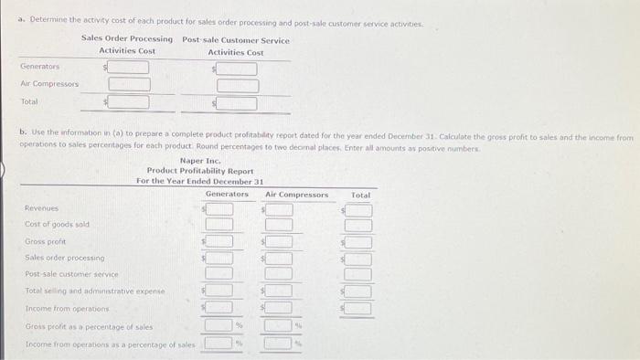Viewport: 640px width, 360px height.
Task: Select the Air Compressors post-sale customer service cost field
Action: coord(237,85)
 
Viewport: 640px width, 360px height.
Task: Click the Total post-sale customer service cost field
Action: coord(237,103)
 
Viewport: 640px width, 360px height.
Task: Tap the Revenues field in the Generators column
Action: coord(219,209)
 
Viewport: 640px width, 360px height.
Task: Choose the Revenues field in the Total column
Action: coord(358,209)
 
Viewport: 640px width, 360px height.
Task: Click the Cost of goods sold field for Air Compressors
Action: coord(278,225)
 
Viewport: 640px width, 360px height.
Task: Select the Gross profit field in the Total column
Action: coord(358,241)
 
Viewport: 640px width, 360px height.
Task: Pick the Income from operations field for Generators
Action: coord(219,308)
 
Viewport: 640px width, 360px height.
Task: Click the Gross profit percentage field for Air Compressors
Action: coord(278,325)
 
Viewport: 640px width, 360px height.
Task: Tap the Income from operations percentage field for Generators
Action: coord(218,343)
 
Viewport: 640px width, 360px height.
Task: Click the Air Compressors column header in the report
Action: coord(296,194)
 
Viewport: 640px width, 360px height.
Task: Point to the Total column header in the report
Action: coord(360,194)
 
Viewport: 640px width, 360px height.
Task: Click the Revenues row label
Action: coord(41,208)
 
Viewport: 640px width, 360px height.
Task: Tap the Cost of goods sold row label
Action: coord(57,225)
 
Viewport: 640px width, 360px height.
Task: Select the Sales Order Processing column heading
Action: coord(127,39)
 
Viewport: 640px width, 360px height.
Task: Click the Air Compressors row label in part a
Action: coord(49,83)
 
